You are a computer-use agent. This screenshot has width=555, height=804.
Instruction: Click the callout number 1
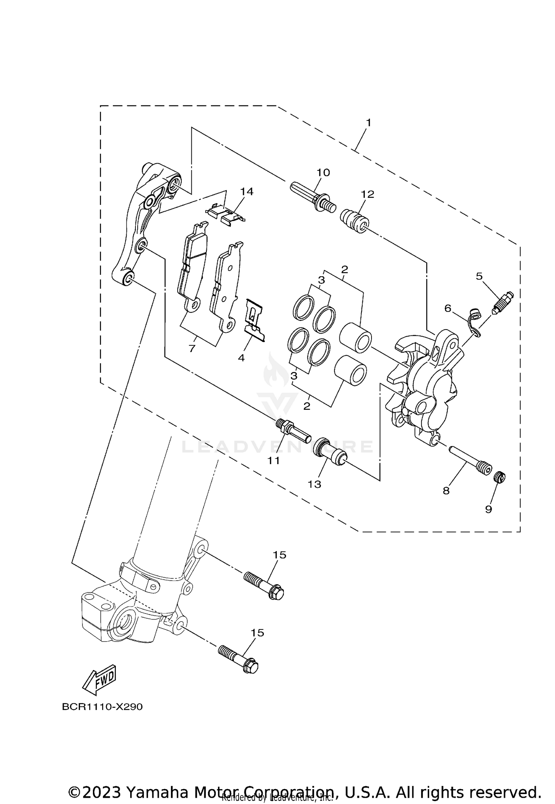[368, 122]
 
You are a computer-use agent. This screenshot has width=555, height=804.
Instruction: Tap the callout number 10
[323, 173]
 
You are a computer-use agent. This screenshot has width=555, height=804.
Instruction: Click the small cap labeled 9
[500, 477]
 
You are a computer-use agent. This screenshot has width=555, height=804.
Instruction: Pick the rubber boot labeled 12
[354, 221]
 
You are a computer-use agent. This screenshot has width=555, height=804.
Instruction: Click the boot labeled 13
[330, 453]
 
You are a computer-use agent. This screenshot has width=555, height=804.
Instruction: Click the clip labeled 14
[225, 215]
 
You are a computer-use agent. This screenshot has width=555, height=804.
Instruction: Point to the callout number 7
[192, 348]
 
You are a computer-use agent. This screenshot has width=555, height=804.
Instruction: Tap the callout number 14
[247, 192]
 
